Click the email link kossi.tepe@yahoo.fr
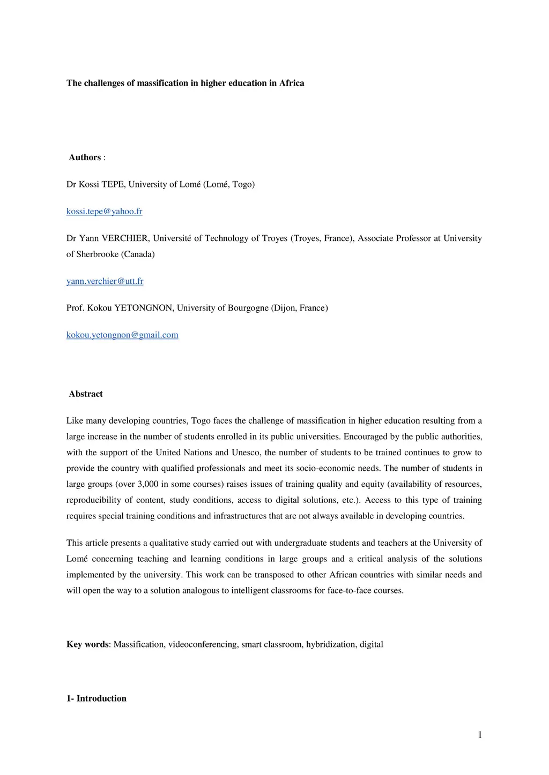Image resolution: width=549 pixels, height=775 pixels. (104, 212)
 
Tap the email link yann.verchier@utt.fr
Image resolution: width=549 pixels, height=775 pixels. (105, 281)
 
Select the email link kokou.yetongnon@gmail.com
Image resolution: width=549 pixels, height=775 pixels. (122, 335)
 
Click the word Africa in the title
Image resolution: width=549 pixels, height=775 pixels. (292, 83)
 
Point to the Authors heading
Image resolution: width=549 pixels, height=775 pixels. (85, 157)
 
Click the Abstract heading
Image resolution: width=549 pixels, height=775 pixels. (86, 394)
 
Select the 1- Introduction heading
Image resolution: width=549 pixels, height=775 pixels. (97, 698)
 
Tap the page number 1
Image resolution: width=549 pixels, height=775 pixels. (480, 735)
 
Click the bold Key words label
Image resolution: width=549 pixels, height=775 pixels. (87, 644)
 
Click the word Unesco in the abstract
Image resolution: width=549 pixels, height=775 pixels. (246, 453)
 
